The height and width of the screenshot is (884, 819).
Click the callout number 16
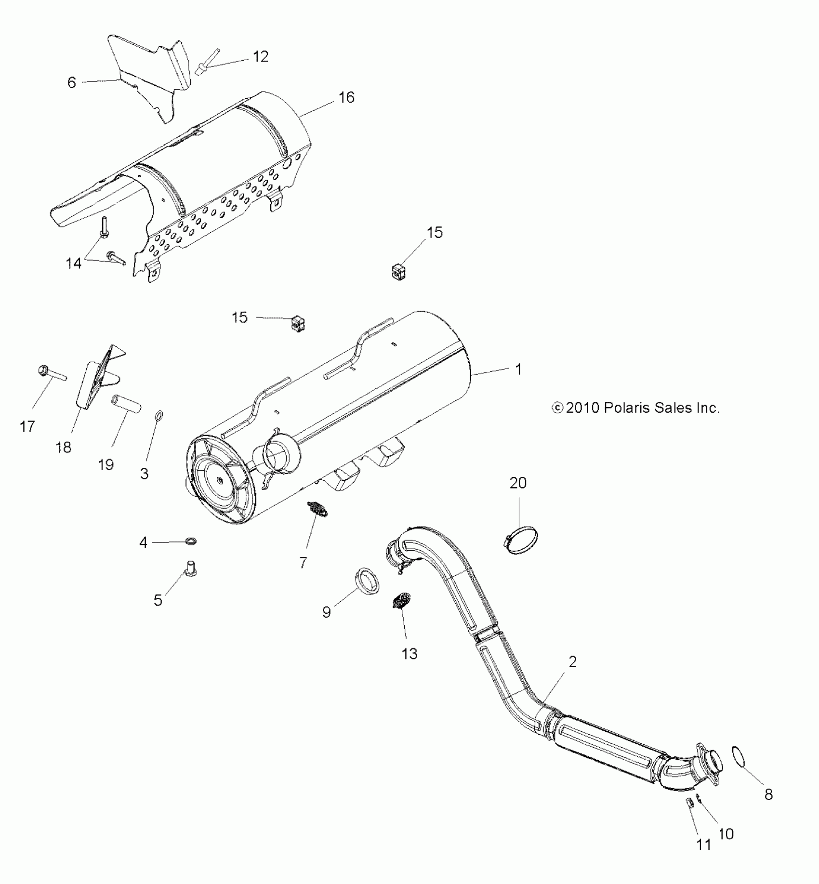point(346,98)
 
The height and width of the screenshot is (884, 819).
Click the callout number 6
point(72,82)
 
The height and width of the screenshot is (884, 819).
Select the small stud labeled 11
point(689,803)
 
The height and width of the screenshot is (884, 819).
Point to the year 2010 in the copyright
point(581,408)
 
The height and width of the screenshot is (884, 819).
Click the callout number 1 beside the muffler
point(518,369)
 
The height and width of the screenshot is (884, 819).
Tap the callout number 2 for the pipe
point(572,662)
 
